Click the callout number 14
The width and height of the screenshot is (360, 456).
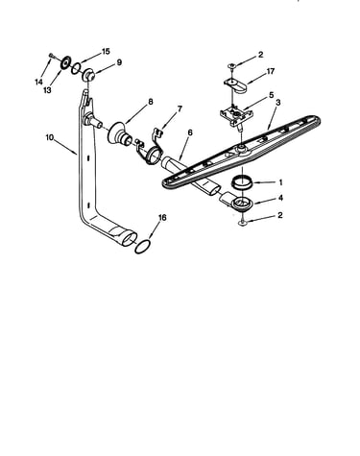click(38, 82)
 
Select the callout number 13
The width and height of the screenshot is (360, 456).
click(47, 90)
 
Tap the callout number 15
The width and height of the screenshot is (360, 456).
click(106, 51)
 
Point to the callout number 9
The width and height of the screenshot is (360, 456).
click(119, 62)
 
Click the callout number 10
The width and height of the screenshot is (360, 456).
click(50, 137)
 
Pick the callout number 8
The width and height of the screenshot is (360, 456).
click(151, 102)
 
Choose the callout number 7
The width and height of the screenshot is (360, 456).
click(180, 108)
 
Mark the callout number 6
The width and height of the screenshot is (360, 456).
click(190, 132)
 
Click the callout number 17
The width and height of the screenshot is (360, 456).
click(271, 71)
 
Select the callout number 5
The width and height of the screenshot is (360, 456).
click(272, 95)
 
